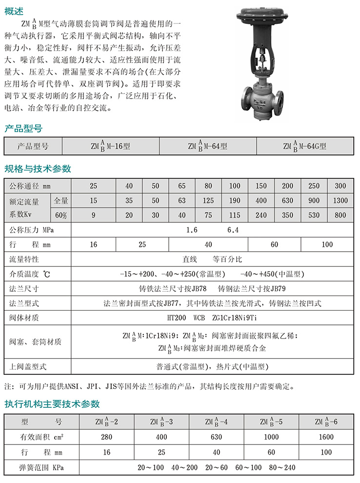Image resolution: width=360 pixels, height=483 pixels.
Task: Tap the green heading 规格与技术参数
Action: tap(38, 169)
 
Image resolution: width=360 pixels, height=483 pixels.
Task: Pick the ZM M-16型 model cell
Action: tap(110, 146)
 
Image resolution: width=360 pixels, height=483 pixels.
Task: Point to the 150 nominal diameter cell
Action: tap(261, 186)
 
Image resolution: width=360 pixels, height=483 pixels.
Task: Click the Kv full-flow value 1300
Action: tap(340, 201)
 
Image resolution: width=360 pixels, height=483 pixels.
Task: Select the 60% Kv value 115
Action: tap(235, 215)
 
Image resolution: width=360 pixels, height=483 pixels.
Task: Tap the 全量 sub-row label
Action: tap(61, 201)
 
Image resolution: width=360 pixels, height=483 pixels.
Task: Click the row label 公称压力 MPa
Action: tap(32, 230)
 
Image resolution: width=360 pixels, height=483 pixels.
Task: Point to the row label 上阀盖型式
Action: tap(28, 365)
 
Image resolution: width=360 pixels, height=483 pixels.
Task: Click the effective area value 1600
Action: tap(326, 438)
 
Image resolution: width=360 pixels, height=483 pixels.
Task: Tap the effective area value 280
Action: tap(107, 438)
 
